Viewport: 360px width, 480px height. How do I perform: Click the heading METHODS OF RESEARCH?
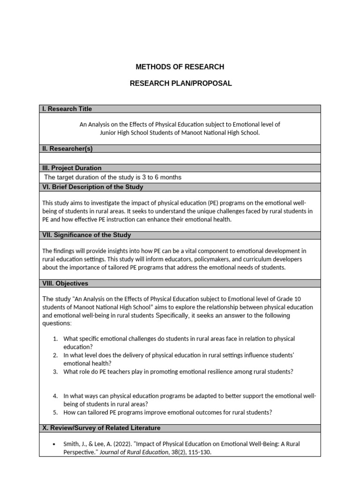180,67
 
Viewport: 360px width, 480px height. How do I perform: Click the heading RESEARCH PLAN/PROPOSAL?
180,83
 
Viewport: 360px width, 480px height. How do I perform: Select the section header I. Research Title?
67,109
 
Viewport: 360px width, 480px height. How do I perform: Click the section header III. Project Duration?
72,168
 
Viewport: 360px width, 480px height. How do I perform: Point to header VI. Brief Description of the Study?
93,187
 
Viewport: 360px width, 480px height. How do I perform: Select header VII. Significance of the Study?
87,235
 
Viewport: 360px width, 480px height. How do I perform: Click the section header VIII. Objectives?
65,283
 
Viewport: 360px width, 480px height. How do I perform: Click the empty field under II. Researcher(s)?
180,158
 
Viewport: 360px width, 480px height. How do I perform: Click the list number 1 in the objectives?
55,338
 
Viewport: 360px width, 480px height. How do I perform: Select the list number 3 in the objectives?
55,372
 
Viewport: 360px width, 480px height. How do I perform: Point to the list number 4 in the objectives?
55,396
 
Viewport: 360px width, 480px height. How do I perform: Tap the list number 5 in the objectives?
55,412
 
